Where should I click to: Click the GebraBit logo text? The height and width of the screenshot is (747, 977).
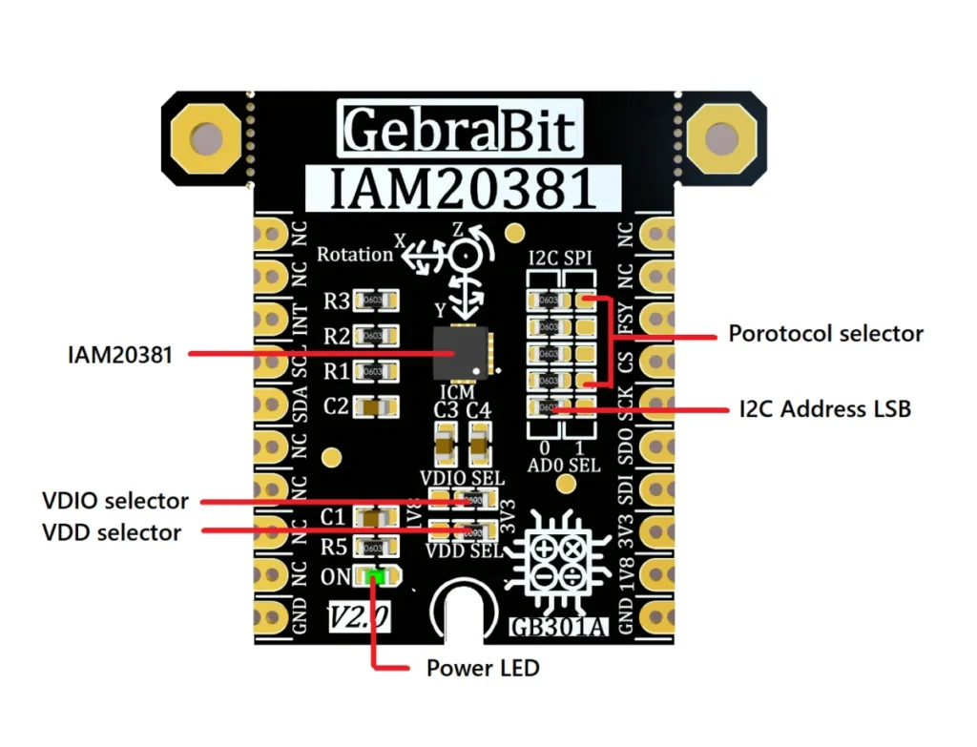tap(461, 130)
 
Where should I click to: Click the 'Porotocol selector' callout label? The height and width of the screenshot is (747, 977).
tap(825, 334)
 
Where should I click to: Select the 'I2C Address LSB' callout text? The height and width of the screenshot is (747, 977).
tap(824, 409)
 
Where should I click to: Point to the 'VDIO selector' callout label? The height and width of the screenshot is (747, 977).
tap(115, 501)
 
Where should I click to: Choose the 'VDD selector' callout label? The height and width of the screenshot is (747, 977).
tap(112, 531)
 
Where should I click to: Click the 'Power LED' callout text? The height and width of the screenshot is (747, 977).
tap(483, 668)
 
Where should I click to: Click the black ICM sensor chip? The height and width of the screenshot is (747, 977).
tap(460, 354)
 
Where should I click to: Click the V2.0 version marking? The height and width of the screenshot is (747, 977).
tap(358, 617)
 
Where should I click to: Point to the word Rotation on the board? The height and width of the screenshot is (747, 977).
tap(355, 255)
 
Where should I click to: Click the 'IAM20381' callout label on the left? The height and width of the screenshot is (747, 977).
tap(120, 355)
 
